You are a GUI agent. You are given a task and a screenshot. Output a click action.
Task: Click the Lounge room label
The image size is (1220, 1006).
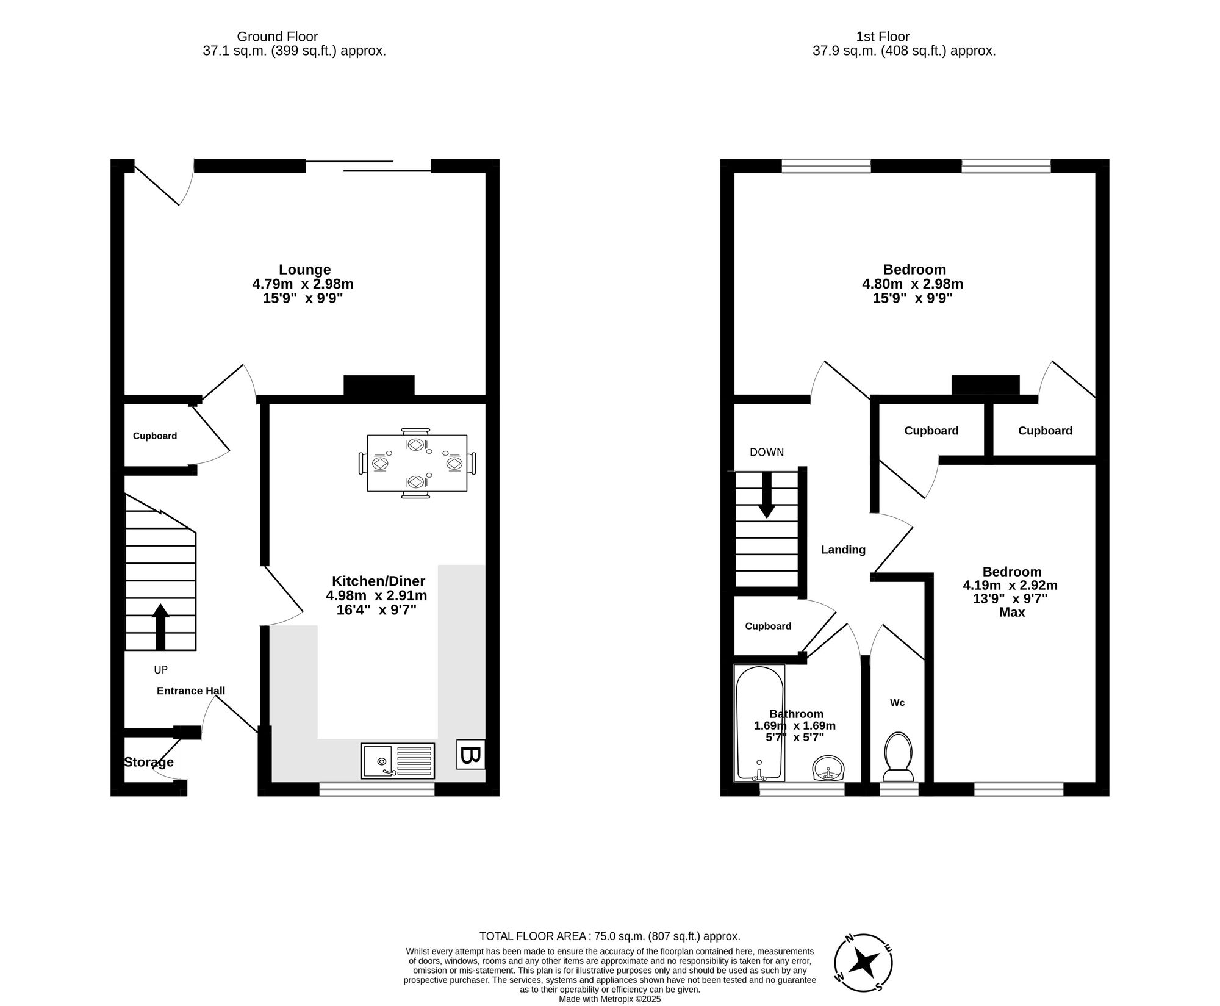click(304, 270)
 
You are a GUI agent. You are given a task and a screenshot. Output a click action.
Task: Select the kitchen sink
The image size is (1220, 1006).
click(397, 761)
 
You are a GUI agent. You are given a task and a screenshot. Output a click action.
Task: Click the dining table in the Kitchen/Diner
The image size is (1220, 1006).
click(417, 463)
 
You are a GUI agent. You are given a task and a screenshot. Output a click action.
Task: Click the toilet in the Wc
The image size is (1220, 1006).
click(898, 757)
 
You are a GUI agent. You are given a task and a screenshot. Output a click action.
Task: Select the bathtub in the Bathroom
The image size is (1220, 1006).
click(759, 723)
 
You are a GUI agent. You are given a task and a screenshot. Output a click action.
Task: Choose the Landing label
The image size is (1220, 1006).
click(843, 550)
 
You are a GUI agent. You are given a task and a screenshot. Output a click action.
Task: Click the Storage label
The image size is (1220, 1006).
click(149, 762)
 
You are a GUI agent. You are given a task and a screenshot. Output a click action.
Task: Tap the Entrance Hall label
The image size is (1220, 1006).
click(191, 691)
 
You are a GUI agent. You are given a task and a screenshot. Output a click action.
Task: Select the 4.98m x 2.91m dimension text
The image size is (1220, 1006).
click(376, 595)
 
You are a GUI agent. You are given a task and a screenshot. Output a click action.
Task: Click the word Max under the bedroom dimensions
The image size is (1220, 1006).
click(1011, 612)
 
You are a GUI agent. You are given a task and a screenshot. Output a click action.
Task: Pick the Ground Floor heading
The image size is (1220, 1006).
click(277, 37)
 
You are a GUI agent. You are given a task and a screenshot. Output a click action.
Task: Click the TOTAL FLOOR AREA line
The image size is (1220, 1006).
click(609, 936)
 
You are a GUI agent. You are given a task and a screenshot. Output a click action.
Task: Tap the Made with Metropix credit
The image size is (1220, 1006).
click(609, 999)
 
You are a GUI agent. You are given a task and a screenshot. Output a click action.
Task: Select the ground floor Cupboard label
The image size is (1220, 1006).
click(155, 436)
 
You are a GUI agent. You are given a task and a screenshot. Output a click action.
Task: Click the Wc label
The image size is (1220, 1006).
click(897, 702)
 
